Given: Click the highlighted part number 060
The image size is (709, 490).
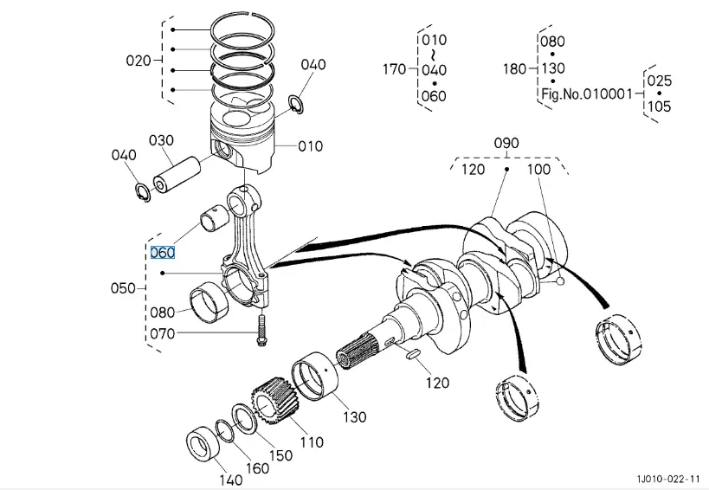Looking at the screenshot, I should pyautogui.click(x=163, y=253).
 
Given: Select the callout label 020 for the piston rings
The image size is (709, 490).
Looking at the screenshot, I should pyautogui.click(x=139, y=61).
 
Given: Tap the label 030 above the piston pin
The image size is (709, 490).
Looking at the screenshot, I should pyautogui.click(x=161, y=140).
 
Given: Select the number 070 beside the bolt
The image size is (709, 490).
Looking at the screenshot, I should pyautogui.click(x=162, y=333).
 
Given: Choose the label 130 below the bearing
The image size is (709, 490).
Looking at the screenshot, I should pyautogui.click(x=355, y=416).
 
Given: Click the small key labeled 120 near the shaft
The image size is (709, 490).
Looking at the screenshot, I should pyautogui.click(x=412, y=353).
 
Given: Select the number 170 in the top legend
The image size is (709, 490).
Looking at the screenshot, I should pyautogui.click(x=394, y=69).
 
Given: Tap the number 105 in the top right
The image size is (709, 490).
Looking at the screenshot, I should pyautogui.click(x=659, y=106).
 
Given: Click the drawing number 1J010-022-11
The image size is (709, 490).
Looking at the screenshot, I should pyautogui.click(x=667, y=478).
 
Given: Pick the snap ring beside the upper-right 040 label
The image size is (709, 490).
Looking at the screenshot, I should pyautogui.click(x=295, y=103).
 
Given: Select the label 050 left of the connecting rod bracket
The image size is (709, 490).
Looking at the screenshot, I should pyautogui.click(x=124, y=288).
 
